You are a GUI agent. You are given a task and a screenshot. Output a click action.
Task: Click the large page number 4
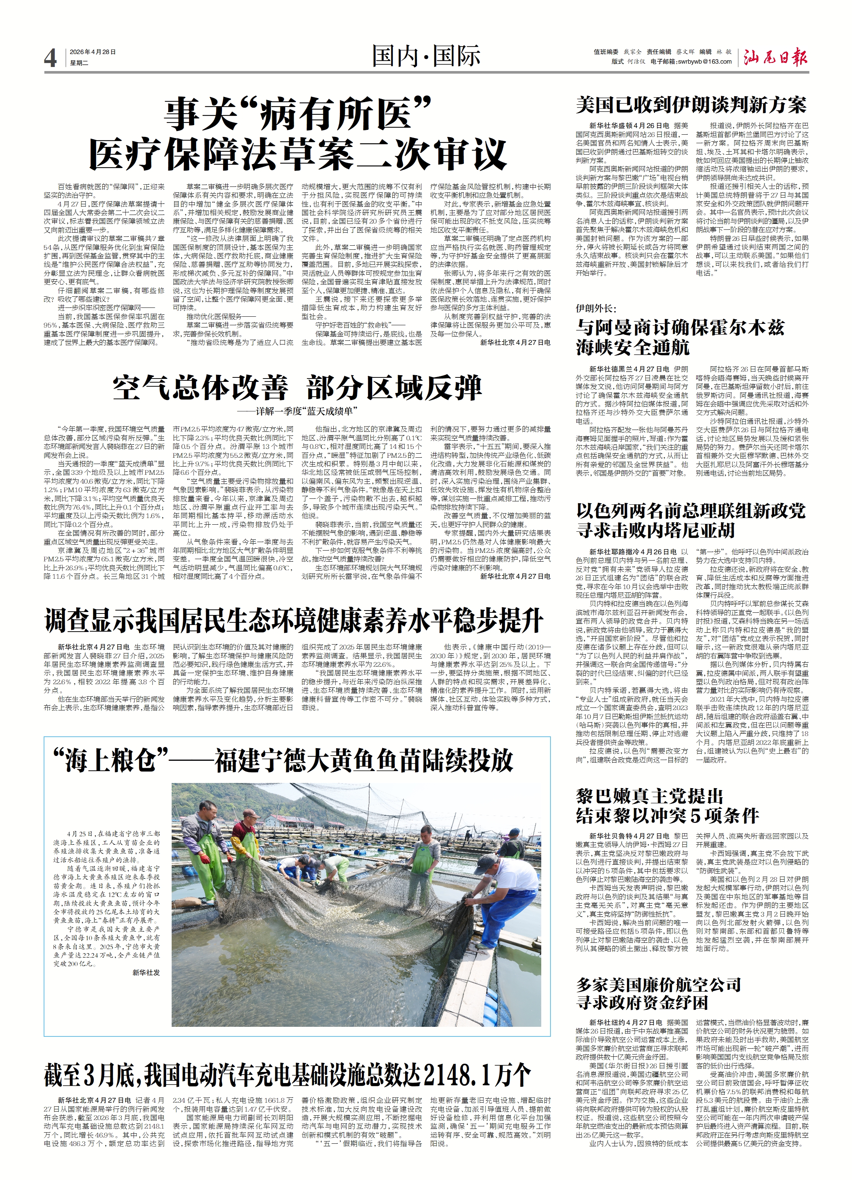click(50, 58)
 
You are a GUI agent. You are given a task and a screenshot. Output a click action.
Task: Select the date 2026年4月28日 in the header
click(93, 52)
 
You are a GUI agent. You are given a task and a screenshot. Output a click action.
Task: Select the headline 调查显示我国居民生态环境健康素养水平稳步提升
click(294, 620)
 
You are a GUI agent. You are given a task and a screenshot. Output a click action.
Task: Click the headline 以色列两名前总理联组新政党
click(691, 510)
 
